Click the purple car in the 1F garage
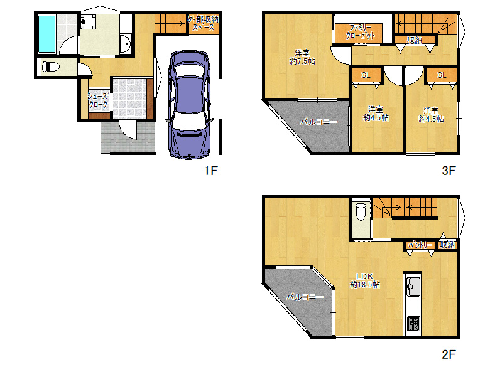point(188,105)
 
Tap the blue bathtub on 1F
point(46,35)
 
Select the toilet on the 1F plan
point(51,66)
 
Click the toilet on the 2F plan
point(361,211)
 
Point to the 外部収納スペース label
point(203,23)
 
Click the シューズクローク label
point(98,100)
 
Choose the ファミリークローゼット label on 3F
point(360,32)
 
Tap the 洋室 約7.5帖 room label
point(302,57)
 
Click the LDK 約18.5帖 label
point(365,280)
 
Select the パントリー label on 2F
point(420,245)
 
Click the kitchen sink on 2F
point(413,287)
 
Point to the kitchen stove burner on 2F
point(413,324)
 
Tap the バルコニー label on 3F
point(318,122)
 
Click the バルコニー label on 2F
point(305,297)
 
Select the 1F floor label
point(210,171)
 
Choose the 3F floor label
point(449,171)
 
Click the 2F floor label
point(449,354)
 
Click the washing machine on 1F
point(88,21)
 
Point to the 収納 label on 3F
point(415,40)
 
